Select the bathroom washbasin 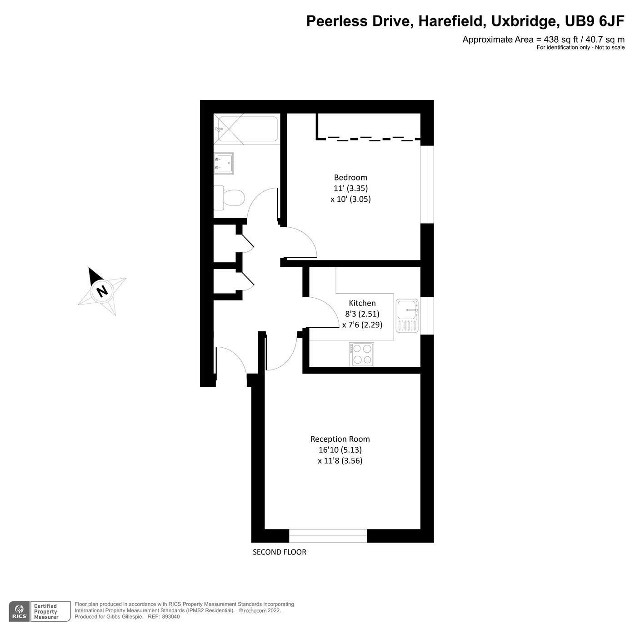coord(224,163)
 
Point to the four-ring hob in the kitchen coord(362,354)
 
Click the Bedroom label coord(350,177)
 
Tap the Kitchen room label coord(362,303)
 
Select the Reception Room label coord(340,439)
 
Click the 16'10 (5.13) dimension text coord(340,450)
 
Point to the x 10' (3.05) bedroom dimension coord(350,199)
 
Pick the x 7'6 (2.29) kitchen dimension coord(362,325)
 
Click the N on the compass coord(102,290)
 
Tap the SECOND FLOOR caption coord(280,552)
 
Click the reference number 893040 coord(171,617)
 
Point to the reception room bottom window coord(328,536)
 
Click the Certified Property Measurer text coord(46,612)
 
